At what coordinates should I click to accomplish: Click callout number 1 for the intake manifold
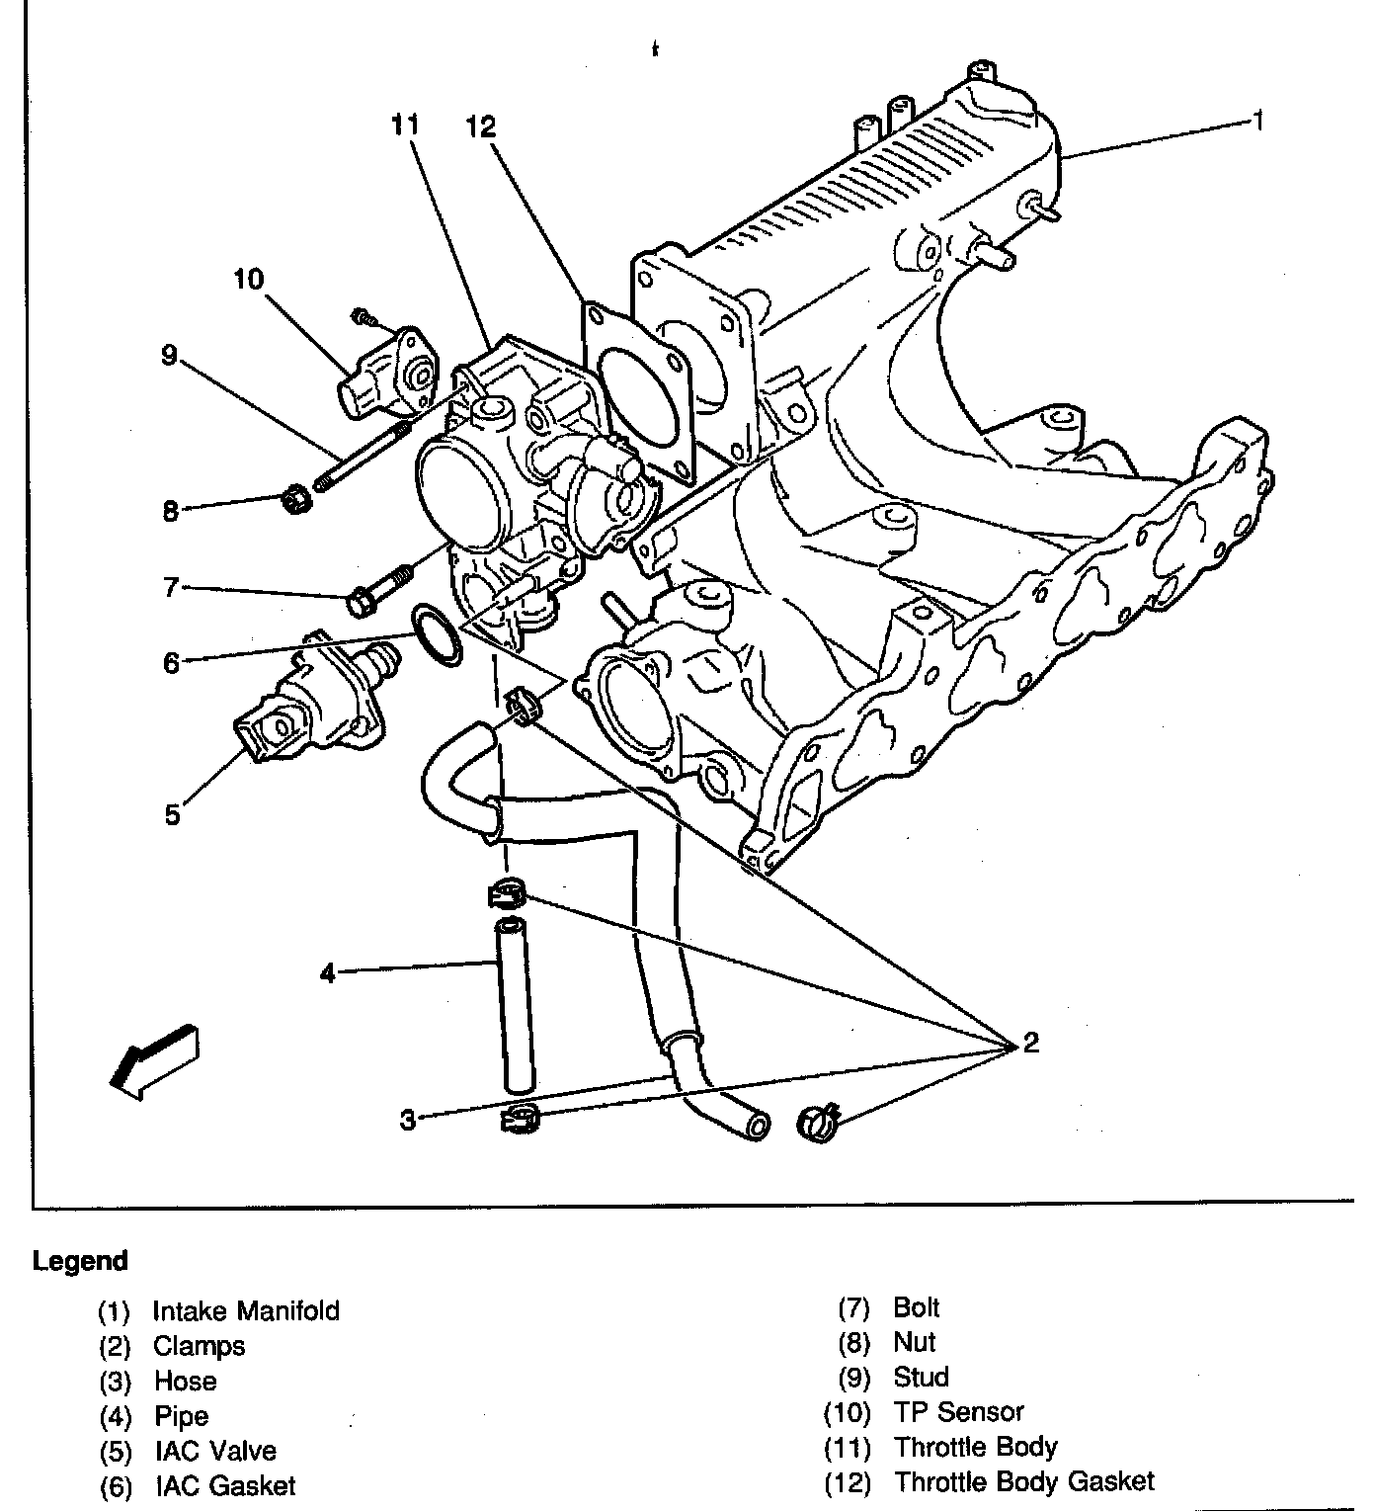tap(1257, 121)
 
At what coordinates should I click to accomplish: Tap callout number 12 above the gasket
tap(481, 126)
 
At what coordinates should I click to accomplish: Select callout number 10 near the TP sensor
tap(249, 280)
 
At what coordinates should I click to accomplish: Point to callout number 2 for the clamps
tap(1030, 1043)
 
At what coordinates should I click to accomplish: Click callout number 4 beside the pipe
tap(327, 973)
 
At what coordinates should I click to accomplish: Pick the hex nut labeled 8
tap(298, 500)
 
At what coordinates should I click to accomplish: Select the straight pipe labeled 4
tap(516, 1005)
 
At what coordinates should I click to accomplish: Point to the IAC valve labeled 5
tap(309, 698)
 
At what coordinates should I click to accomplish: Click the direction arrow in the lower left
tap(154, 1060)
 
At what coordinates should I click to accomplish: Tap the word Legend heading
tap(80, 1261)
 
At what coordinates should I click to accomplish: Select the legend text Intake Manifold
tap(246, 1310)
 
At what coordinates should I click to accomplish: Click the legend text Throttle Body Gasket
tap(1024, 1481)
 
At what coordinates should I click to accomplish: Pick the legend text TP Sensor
tap(958, 1411)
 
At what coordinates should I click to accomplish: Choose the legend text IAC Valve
tap(215, 1450)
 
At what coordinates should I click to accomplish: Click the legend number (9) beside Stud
tap(854, 1377)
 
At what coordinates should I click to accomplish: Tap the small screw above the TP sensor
tap(364, 318)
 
